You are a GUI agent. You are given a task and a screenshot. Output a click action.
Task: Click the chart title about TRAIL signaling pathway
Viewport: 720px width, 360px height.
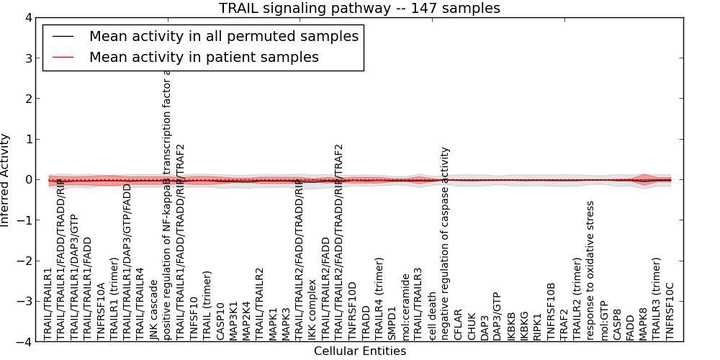coord(359,8)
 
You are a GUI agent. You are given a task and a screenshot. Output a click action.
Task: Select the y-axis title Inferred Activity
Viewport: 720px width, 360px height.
coord(6,179)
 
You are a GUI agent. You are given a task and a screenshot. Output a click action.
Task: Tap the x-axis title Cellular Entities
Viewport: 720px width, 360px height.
coord(359,351)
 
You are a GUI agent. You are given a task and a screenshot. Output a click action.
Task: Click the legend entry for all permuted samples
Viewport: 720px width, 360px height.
coord(223,37)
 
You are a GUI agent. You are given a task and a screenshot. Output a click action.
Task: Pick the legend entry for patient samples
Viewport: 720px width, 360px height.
coord(204,58)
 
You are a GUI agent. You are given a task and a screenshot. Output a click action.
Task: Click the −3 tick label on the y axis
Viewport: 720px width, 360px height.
coord(27,302)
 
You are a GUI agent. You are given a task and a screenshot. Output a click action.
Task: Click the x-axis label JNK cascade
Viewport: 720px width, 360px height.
coord(153,310)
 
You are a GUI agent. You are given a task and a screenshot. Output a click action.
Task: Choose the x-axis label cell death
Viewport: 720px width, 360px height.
coord(432,315)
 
